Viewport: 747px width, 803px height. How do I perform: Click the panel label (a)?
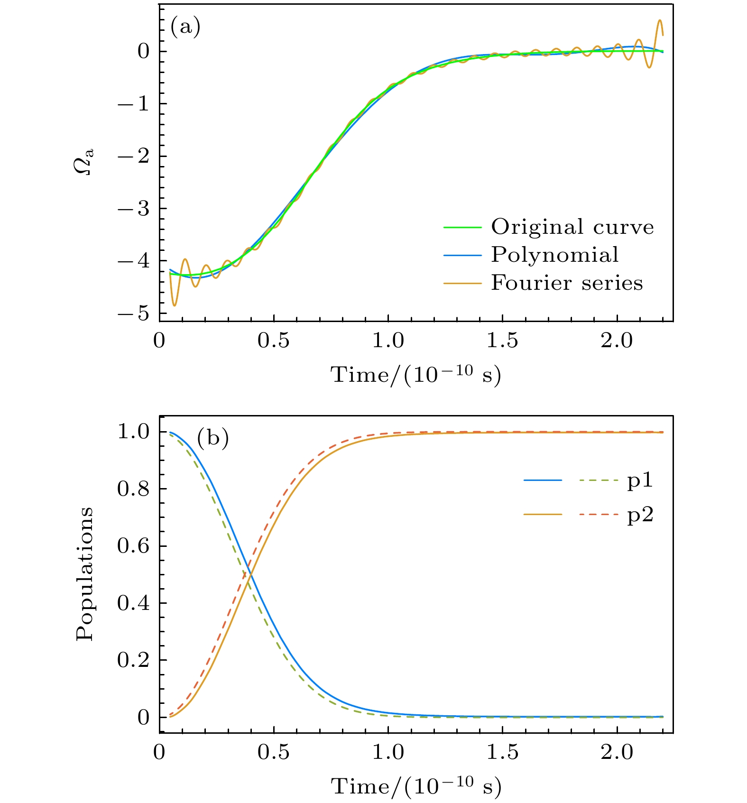point(185,27)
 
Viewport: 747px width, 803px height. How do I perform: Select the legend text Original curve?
point(572,227)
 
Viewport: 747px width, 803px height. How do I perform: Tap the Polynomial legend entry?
point(554,255)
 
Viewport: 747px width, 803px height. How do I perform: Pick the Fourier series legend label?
point(567,283)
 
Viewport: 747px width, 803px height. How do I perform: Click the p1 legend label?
point(640,480)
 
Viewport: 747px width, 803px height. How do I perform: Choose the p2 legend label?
point(640,515)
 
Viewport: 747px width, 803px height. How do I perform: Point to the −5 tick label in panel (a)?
point(133,314)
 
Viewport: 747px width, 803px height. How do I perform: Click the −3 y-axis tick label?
point(133,208)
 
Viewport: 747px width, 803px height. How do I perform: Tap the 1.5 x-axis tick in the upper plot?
point(502,341)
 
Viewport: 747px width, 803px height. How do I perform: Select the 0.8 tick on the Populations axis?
point(133,489)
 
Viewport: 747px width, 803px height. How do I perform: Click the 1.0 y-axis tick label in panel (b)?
point(133,432)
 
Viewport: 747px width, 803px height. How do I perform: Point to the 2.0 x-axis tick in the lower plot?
point(617,752)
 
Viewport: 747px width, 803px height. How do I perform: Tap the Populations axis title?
point(85,574)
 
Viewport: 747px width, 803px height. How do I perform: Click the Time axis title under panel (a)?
point(416,375)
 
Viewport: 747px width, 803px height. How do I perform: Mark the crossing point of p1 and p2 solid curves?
point(250,574)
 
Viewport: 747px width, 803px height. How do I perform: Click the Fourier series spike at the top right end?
point(659,21)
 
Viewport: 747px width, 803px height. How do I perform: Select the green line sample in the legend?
point(462,228)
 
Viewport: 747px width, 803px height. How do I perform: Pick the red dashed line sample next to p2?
point(599,515)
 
